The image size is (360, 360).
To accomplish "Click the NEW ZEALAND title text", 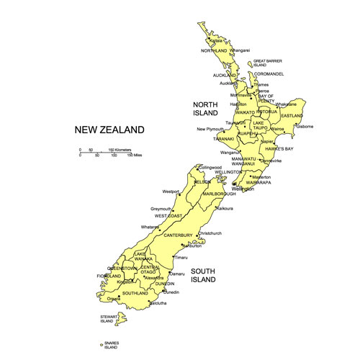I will point(109,130).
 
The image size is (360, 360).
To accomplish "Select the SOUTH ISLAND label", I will point(204,276).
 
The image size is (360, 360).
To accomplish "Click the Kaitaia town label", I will point(215,41).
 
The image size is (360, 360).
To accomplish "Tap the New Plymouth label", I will point(211,130).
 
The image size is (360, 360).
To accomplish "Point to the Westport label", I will point(171,192).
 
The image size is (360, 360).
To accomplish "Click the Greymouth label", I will point(161,209).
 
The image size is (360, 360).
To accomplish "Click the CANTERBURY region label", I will point(178,235).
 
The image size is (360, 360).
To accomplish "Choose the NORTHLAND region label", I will point(214,50).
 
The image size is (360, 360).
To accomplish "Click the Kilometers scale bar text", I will point(120,149).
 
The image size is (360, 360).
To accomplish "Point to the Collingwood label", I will point(210,168).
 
